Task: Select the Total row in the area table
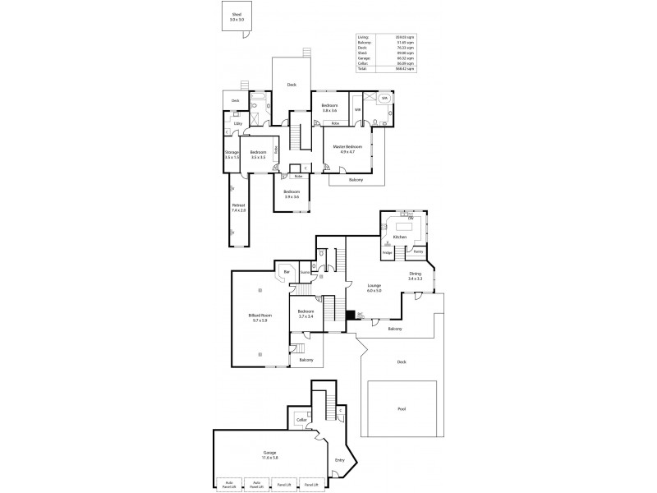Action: pos(385,69)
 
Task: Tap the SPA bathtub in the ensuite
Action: pos(384,99)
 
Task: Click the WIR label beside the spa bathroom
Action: pos(357,109)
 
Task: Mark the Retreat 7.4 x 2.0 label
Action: pos(238,208)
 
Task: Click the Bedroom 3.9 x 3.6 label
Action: pos(292,194)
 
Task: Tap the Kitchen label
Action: pos(400,237)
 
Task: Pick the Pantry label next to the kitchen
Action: pos(418,251)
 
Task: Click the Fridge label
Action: pos(387,252)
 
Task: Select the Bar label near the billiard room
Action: pos(287,272)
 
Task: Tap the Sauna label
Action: pos(304,272)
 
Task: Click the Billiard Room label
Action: pos(260,317)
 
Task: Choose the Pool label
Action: pos(402,408)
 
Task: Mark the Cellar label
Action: pos(301,420)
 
